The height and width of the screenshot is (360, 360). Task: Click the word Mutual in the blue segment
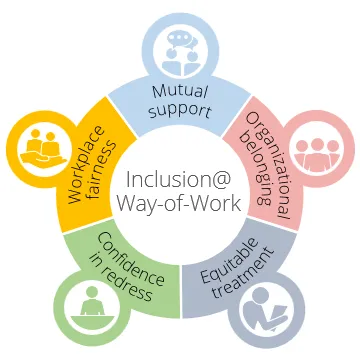(180, 92)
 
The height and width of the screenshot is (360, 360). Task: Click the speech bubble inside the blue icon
(181, 37)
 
